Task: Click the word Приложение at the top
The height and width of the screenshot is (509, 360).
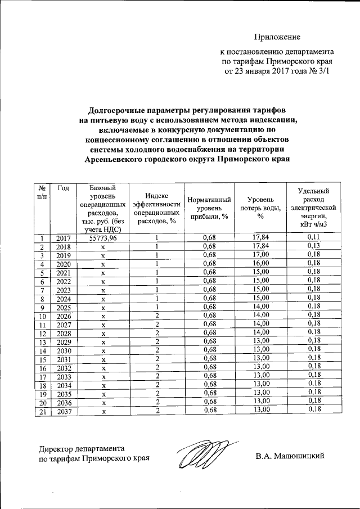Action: click(277, 37)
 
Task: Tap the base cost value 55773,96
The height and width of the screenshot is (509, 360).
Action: click(103, 238)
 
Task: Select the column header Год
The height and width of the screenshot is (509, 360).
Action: click(64, 188)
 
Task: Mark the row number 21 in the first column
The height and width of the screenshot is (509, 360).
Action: click(42, 411)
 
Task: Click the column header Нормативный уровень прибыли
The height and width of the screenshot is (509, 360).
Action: click(209, 208)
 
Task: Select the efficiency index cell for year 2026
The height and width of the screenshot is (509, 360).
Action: click(157, 316)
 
